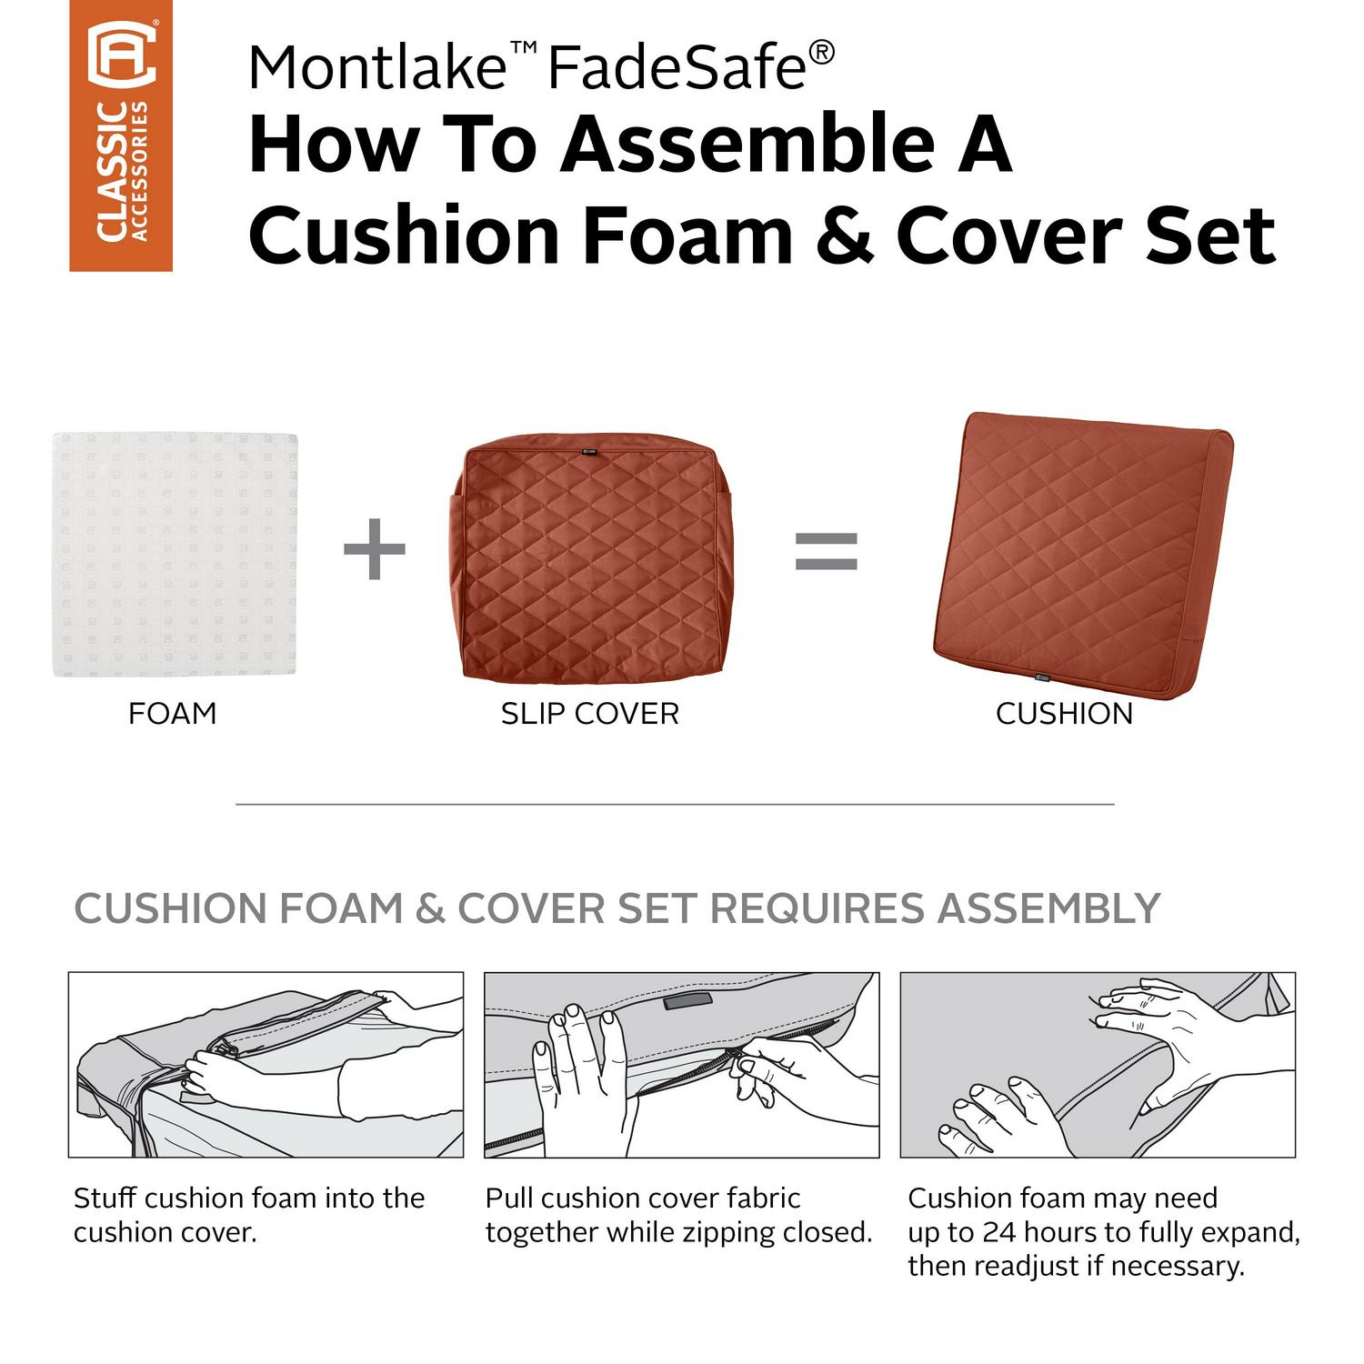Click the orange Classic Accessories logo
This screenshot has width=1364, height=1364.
pos(121,135)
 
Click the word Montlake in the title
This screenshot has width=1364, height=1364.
pos(376,67)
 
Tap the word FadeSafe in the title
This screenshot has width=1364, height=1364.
pos(677,67)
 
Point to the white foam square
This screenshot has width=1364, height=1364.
pos(176,554)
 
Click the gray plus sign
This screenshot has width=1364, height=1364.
pos(374,548)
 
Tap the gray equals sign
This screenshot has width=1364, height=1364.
pos(827,549)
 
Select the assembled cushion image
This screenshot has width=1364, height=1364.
pos(1083,557)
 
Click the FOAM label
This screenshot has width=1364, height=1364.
pos(173,714)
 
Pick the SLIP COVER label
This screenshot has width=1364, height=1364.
pos(590,714)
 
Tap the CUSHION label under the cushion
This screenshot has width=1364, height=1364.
pos(1064,714)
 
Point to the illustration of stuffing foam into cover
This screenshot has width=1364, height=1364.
pos(266,1065)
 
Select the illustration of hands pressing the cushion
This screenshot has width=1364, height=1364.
pos(1098,1065)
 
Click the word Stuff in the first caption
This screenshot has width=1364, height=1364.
pos(105,1198)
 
